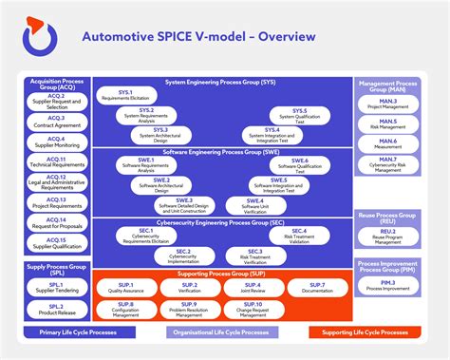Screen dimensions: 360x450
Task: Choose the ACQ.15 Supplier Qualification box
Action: pos(56,243)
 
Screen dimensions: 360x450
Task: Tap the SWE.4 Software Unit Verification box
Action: pos(253,203)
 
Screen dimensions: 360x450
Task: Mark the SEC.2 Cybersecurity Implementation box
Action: pos(182,255)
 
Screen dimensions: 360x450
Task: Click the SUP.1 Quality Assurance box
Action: pos(125,287)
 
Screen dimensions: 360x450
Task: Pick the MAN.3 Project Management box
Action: pos(387,103)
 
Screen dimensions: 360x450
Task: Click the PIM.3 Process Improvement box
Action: pos(387,285)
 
